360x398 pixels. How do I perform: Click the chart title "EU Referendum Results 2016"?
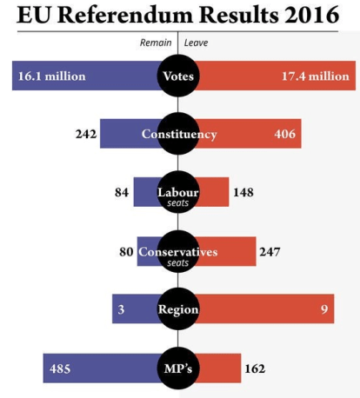click(x=177, y=17)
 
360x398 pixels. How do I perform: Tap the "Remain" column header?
click(x=157, y=42)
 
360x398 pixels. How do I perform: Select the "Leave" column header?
click(x=196, y=42)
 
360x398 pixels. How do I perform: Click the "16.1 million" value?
click(x=51, y=76)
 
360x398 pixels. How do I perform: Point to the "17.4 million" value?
click(x=315, y=76)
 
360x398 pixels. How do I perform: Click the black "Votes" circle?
click(x=178, y=76)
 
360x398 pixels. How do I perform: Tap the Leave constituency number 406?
click(x=286, y=134)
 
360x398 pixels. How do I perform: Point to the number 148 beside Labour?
click(x=243, y=192)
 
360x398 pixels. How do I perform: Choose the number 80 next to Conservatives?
click(x=126, y=252)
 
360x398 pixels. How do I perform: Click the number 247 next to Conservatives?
click(x=269, y=252)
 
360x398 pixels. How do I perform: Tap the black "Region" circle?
click(x=178, y=309)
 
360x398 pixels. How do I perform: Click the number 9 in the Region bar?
click(x=323, y=309)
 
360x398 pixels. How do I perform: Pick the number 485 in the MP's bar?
click(x=59, y=368)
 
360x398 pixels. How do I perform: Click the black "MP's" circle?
click(x=178, y=368)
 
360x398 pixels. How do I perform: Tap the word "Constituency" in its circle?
click(x=179, y=134)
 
